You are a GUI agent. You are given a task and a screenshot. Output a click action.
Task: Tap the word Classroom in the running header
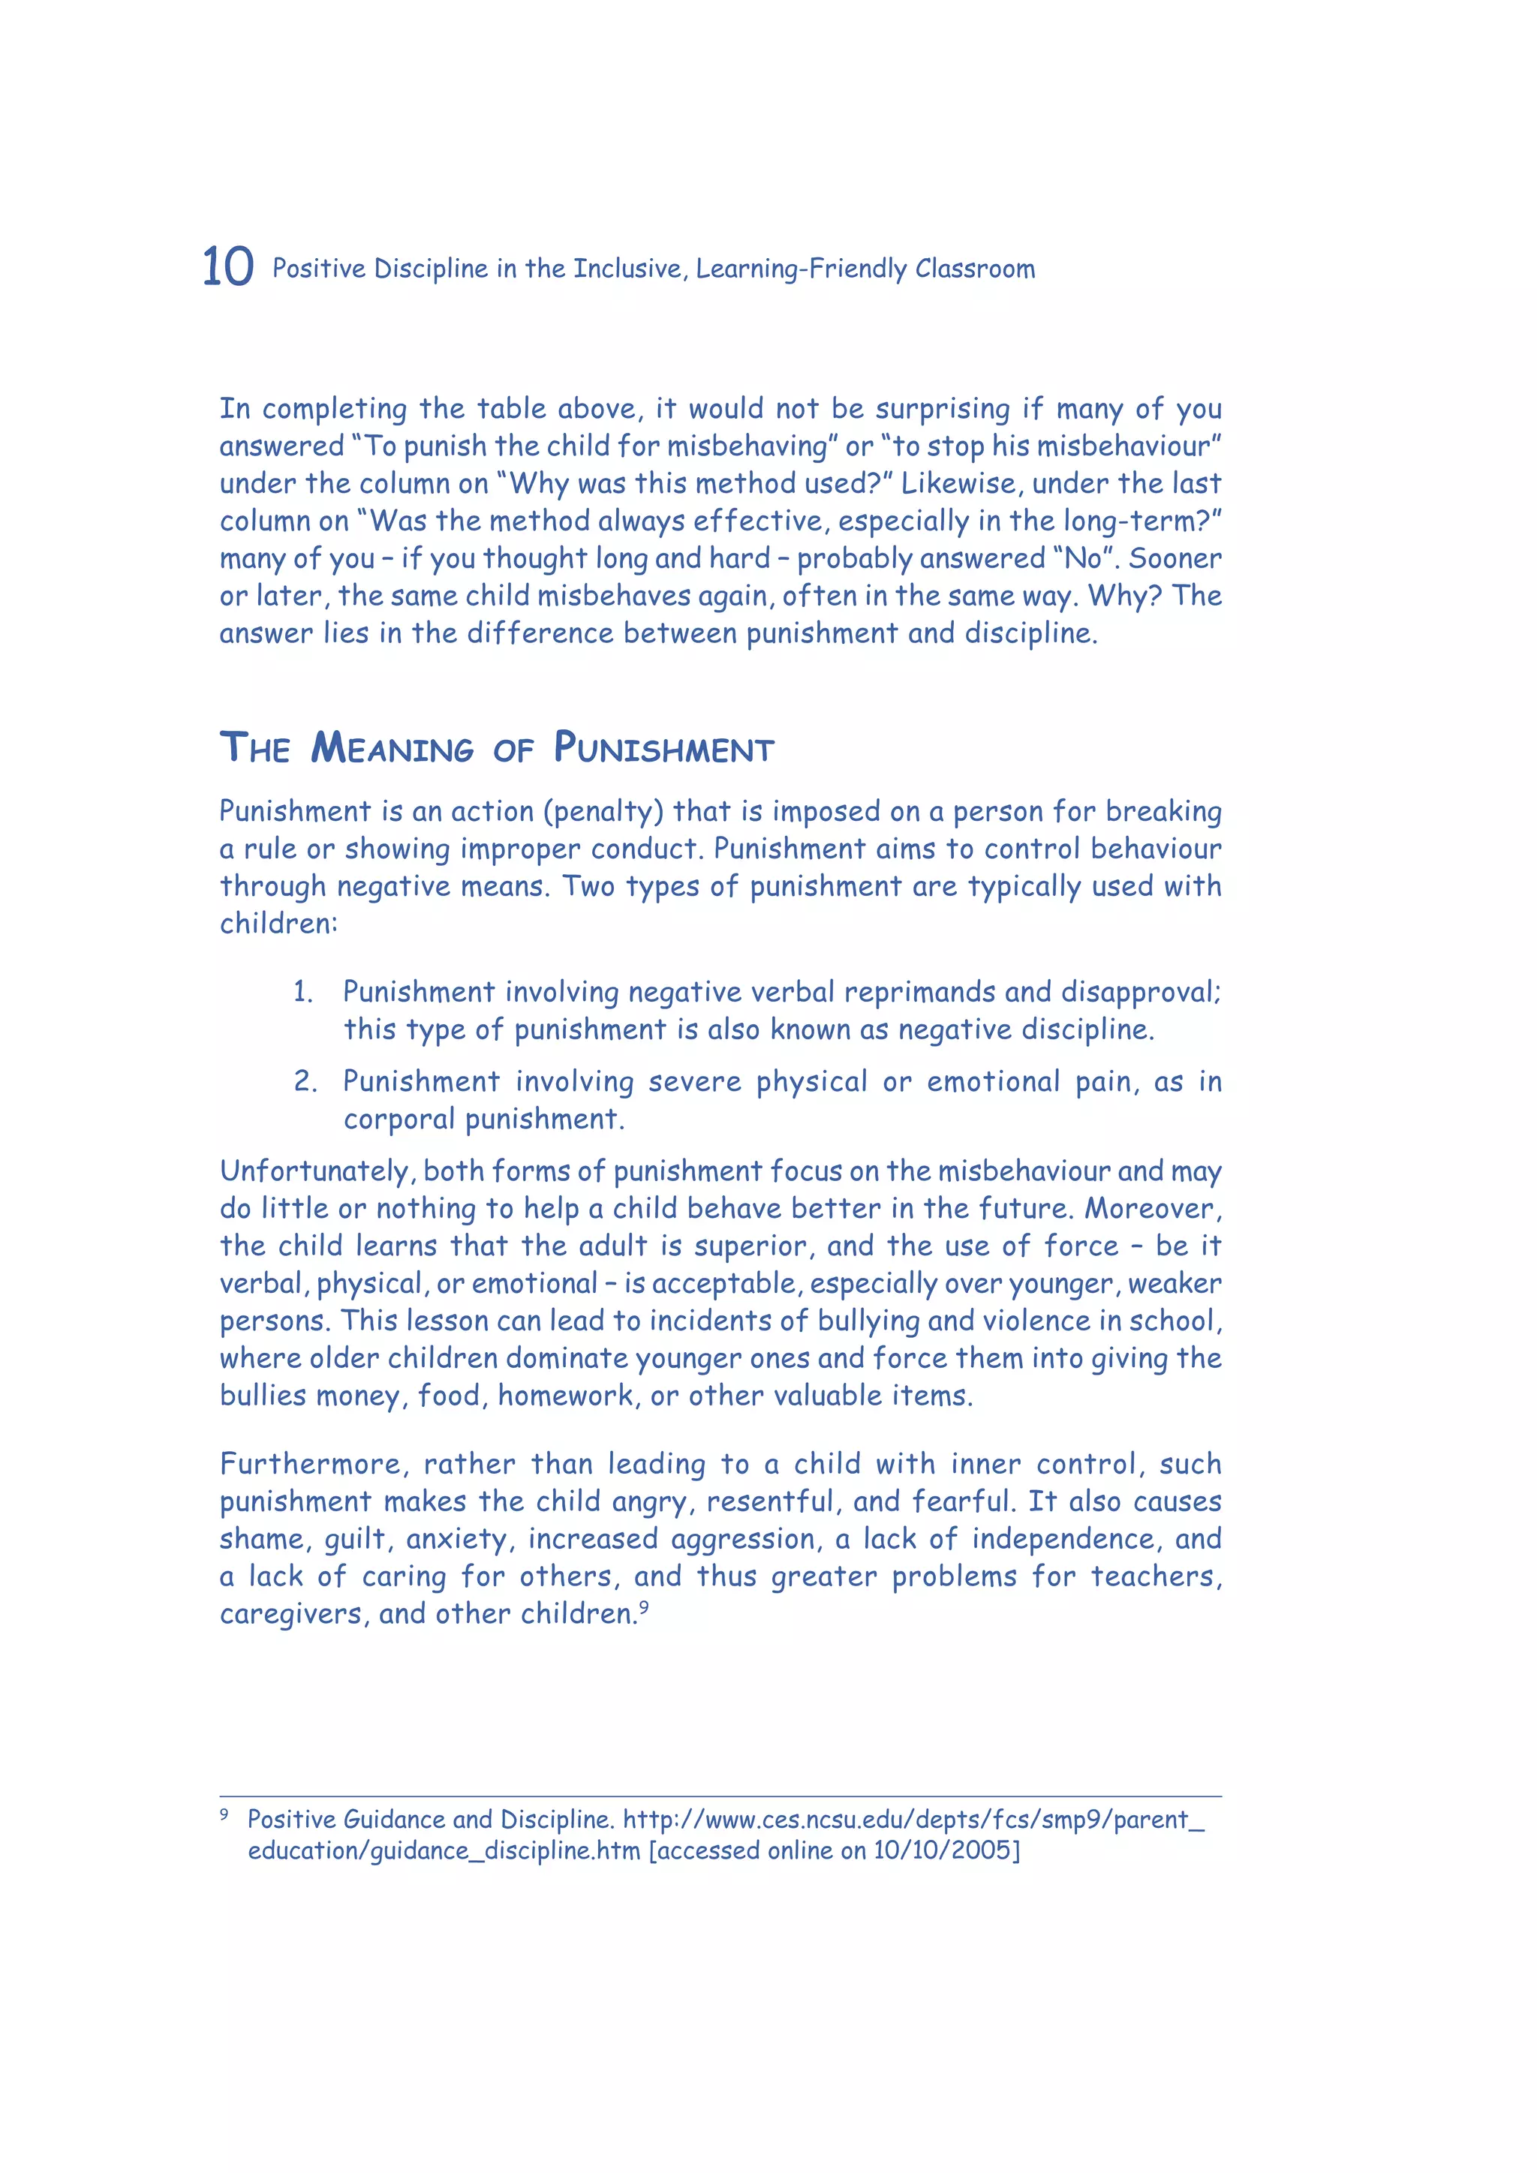click(x=975, y=269)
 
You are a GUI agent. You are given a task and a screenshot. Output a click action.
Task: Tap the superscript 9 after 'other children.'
click(x=644, y=1606)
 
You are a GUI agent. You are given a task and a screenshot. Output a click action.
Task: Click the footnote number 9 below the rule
click(x=224, y=1814)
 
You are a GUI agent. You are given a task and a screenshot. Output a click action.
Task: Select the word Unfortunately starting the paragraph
click(x=318, y=1172)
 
